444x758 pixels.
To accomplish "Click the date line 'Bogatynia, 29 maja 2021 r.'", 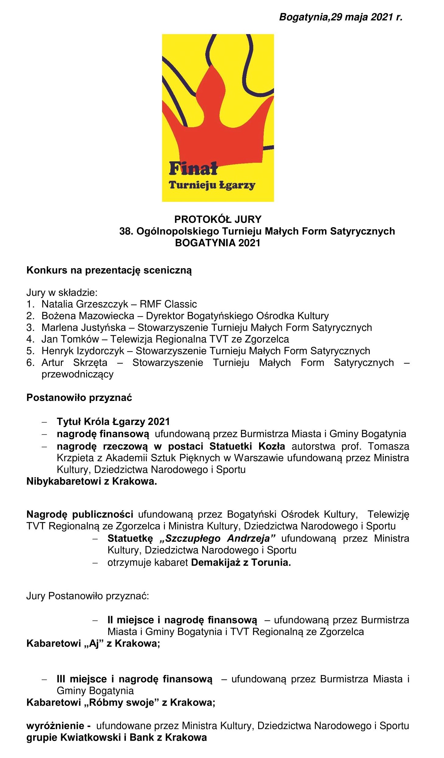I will (341, 17).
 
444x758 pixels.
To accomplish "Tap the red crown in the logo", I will (217, 128).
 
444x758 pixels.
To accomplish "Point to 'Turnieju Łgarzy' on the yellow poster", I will (212, 185).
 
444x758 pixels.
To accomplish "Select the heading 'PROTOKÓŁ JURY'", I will (218, 219).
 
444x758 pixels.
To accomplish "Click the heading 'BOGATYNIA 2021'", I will (218, 243).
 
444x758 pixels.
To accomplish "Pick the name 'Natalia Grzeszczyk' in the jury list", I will (85, 304).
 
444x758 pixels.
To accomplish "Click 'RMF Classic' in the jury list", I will (168, 304).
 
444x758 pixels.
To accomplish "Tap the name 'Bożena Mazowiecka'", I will (88, 316).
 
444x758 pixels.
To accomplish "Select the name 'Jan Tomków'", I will (70, 339).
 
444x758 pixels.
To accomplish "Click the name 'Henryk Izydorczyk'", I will (83, 351).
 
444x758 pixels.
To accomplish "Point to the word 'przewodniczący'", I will (78, 374).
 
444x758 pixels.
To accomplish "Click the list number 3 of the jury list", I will (30, 328).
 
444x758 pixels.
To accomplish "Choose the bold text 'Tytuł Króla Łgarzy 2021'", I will (113, 422).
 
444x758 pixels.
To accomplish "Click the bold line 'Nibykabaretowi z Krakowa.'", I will (92, 481).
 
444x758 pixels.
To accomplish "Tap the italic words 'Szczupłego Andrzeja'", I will (217, 538).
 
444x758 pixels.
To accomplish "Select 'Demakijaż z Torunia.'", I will (241, 562).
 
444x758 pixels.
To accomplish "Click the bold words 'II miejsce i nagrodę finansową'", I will (182, 620).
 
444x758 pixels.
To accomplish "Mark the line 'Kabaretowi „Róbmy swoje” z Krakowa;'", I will (121, 702).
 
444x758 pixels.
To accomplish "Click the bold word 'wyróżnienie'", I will (55, 726).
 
